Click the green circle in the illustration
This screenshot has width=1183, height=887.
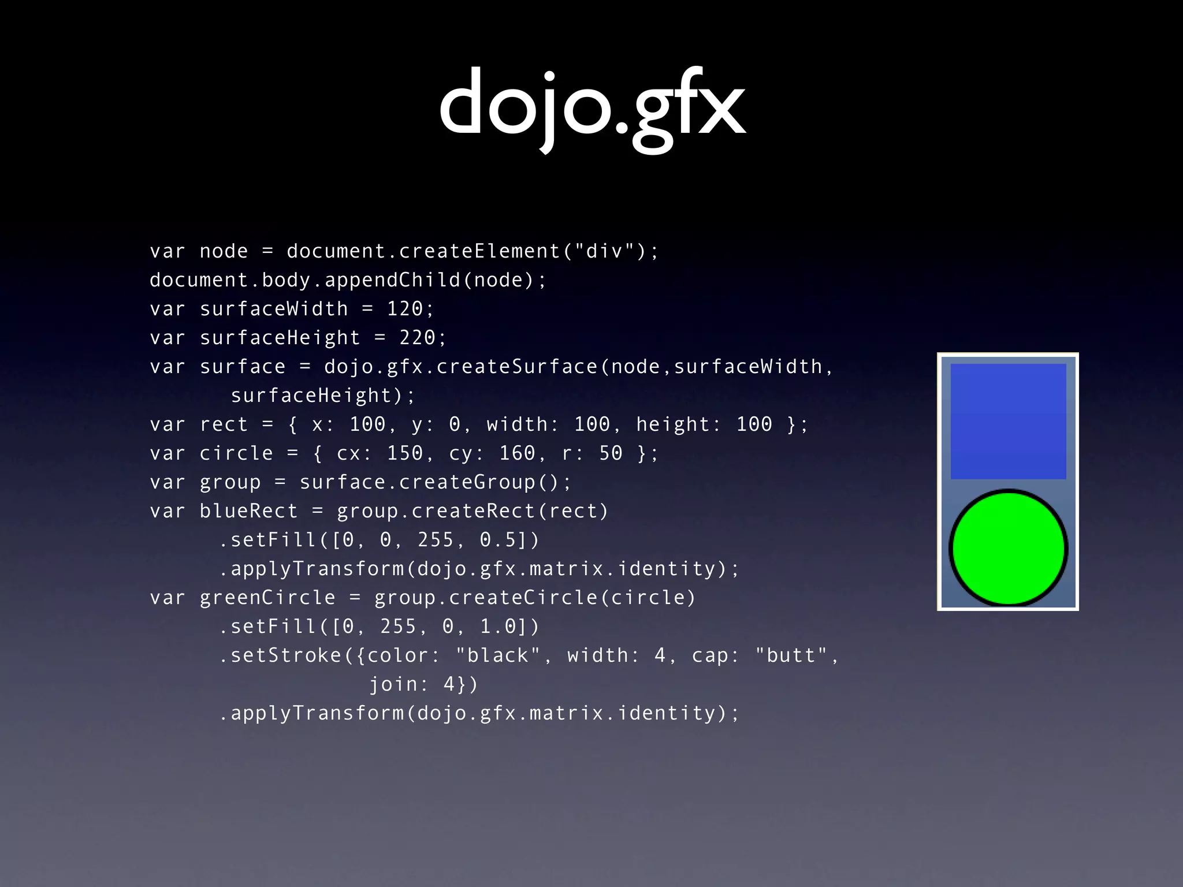tap(1008, 547)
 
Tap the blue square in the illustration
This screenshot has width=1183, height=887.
tap(1008, 421)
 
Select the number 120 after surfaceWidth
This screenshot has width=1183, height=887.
tap(405, 309)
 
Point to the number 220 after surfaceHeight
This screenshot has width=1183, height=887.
tap(418, 338)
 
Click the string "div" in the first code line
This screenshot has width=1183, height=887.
tap(604, 251)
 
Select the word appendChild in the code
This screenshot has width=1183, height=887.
tap(392, 280)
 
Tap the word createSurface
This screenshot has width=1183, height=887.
tap(517, 367)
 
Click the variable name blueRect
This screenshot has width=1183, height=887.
tap(248, 511)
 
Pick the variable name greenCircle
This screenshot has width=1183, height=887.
tap(267, 598)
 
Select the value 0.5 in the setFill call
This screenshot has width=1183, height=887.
tap(498, 540)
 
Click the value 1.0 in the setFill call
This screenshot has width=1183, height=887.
tap(498, 627)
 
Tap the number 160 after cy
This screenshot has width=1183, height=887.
tap(517, 453)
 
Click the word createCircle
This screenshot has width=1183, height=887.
tap(523, 598)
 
